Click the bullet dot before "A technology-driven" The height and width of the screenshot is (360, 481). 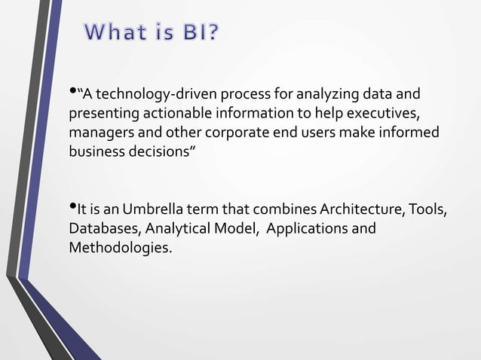tap(73, 93)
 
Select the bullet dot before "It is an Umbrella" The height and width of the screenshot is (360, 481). tap(73, 206)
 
